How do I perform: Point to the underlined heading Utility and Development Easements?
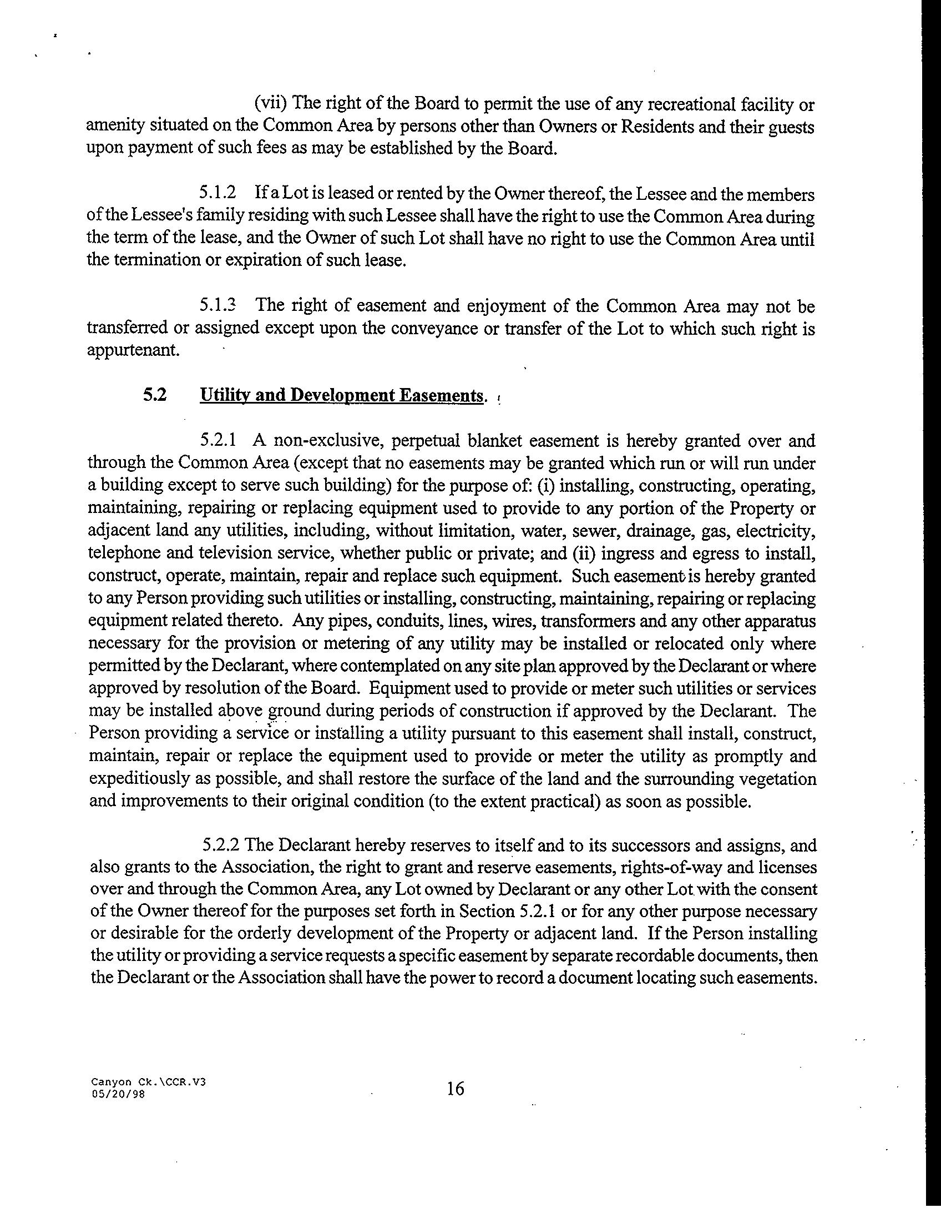point(341,395)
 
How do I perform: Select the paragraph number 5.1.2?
point(217,193)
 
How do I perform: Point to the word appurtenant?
point(133,351)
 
